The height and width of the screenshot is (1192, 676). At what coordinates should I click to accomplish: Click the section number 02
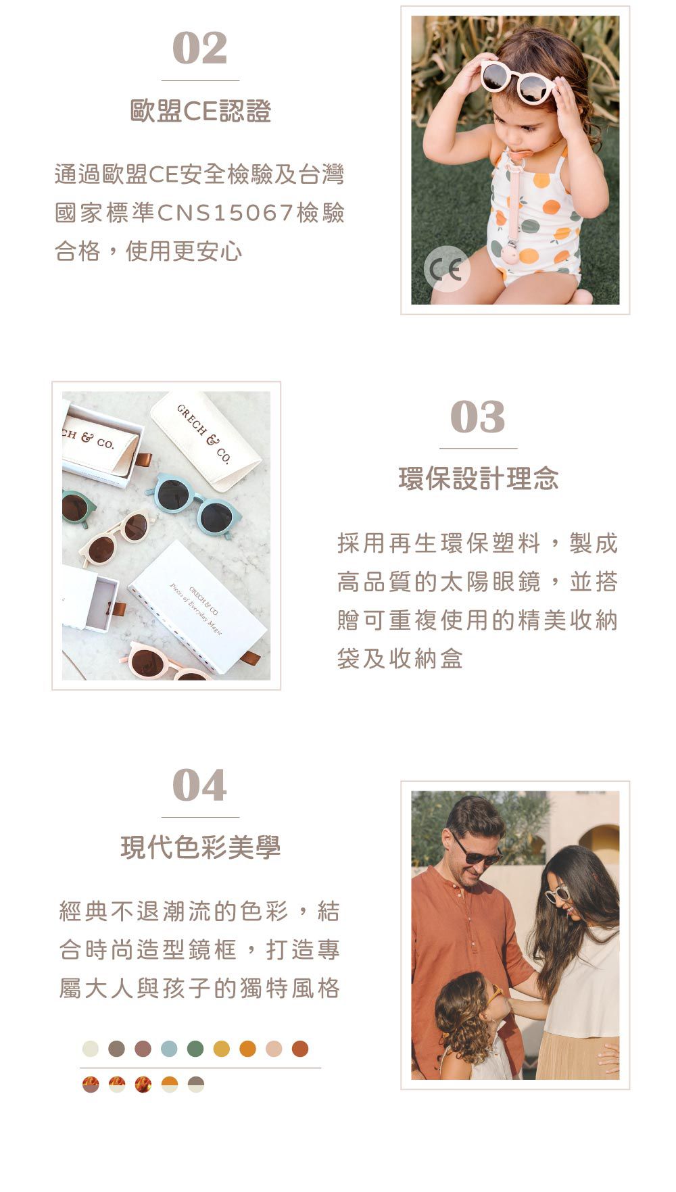[x=200, y=49]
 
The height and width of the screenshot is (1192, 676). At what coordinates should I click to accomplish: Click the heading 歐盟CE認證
[x=200, y=111]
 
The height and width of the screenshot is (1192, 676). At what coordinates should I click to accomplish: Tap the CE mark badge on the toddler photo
[x=447, y=269]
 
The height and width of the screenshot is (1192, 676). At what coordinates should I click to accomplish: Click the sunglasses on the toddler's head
[x=516, y=80]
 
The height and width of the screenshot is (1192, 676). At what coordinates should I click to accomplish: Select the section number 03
[x=478, y=417]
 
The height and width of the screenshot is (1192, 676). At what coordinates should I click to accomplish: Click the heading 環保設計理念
[x=478, y=479]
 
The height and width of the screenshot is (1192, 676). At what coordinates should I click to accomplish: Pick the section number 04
[x=200, y=786]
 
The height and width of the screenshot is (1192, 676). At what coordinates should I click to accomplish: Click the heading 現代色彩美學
[x=200, y=847]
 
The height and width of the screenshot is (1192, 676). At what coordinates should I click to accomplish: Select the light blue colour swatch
[x=169, y=1049]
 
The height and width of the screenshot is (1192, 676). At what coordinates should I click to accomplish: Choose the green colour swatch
[x=195, y=1049]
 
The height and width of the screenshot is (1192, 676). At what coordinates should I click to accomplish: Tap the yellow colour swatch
[x=222, y=1049]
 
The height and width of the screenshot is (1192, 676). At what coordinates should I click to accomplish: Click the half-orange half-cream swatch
[x=170, y=1085]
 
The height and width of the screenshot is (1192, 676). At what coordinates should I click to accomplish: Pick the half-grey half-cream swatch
[x=196, y=1085]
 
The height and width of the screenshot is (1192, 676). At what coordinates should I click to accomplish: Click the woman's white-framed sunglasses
[x=558, y=895]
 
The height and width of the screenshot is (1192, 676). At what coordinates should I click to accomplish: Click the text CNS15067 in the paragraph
[x=224, y=214]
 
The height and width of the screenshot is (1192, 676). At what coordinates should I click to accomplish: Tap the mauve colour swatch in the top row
[x=143, y=1049]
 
